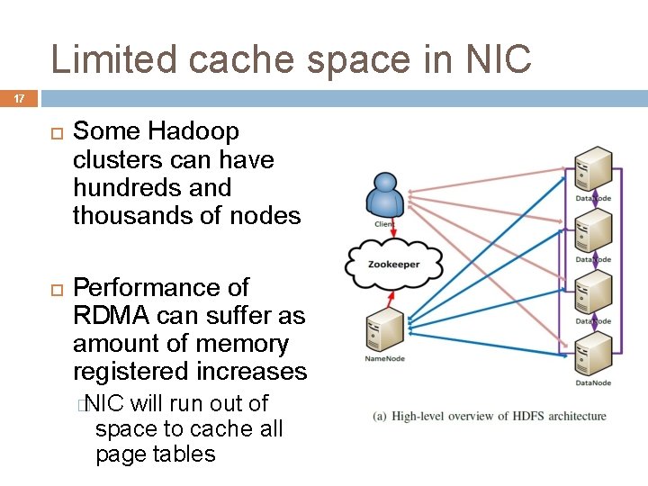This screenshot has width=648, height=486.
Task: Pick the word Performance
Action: pos(160,288)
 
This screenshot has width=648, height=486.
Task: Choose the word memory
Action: pos(244,344)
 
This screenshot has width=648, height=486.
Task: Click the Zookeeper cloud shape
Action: pos(393,264)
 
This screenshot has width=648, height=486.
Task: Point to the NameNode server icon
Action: pos(384,329)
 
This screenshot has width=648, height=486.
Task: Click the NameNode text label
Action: pos(384,359)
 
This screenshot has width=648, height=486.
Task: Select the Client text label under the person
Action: pos(384,223)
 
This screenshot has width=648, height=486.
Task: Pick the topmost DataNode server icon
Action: pos(594,168)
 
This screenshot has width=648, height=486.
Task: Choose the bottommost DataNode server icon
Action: pos(594,354)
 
